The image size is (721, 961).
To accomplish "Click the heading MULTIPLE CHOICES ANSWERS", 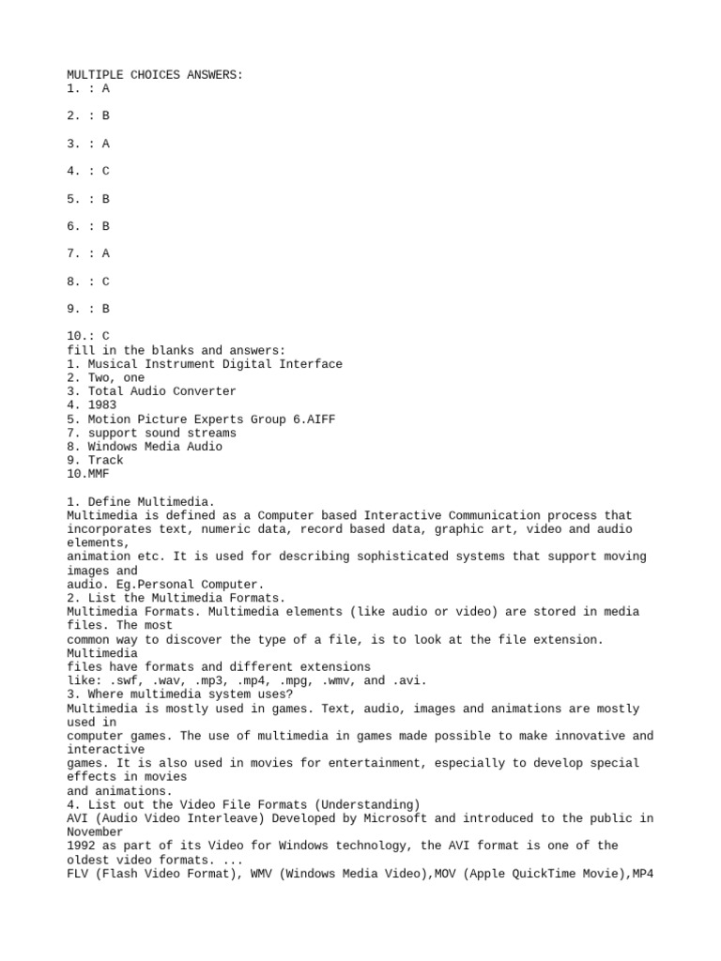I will click(x=155, y=74).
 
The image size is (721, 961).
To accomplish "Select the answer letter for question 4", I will click(x=106, y=171).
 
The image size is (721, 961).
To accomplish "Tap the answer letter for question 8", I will click(x=106, y=281).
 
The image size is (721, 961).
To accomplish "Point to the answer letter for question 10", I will click(x=106, y=335).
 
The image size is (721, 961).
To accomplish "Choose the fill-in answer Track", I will click(x=106, y=460).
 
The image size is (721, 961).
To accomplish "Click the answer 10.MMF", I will click(x=88, y=474).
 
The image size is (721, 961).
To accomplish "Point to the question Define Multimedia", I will click(x=145, y=501).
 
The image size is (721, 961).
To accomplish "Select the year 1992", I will click(x=81, y=846).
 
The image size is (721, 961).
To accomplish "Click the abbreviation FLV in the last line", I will click(x=77, y=873).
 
